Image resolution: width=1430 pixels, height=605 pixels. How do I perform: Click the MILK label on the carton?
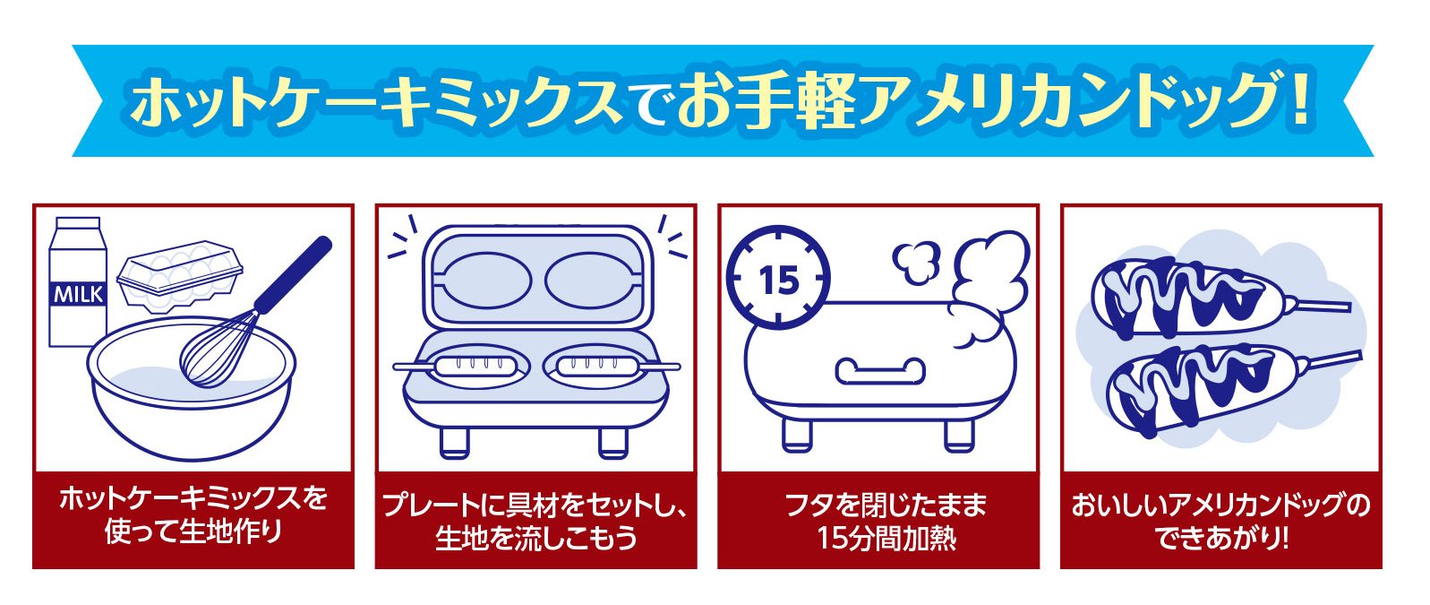pyautogui.click(x=78, y=293)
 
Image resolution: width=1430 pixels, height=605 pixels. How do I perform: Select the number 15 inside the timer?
pyautogui.click(x=778, y=280)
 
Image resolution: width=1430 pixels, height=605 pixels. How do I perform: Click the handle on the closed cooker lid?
pyautogui.click(x=879, y=370)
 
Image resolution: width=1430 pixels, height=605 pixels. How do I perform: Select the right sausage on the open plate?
pyautogui.click(x=596, y=365)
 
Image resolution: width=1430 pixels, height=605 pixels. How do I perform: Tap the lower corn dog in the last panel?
pyautogui.click(x=1195, y=390)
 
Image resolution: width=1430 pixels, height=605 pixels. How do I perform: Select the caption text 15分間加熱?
pyautogui.click(x=886, y=539)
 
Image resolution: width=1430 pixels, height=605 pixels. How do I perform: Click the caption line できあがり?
pyautogui.click(x=1221, y=539)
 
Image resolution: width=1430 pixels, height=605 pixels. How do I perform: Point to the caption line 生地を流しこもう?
pyautogui.click(x=535, y=539)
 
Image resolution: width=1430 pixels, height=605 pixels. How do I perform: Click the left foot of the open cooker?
pyautogui.click(x=454, y=441)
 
